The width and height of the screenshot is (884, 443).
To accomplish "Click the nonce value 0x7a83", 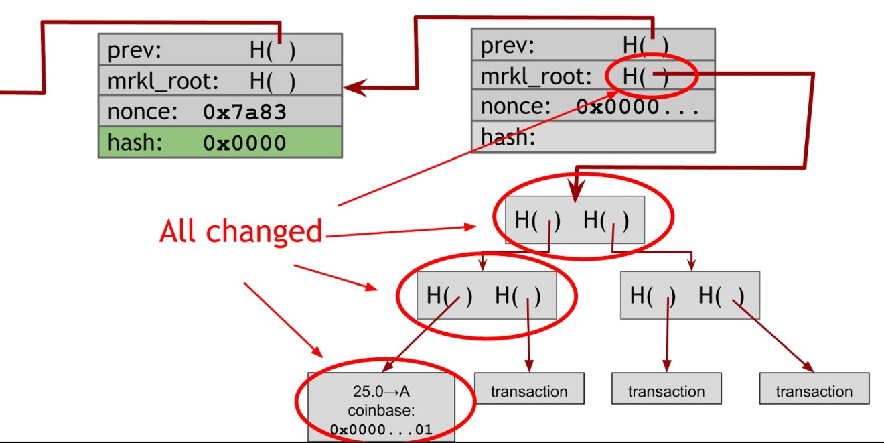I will (x=244, y=113).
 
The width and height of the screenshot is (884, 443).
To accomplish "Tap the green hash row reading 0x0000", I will (x=220, y=143).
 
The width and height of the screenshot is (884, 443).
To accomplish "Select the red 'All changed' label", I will (x=241, y=231).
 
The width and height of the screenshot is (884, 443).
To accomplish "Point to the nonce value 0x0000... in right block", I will (x=638, y=107).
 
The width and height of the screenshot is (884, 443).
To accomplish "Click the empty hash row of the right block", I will (x=593, y=138).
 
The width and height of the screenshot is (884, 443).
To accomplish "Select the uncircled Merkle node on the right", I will (x=690, y=295).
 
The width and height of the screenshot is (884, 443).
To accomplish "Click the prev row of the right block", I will (x=593, y=45).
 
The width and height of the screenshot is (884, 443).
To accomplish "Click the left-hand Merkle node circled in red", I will (x=486, y=296).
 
